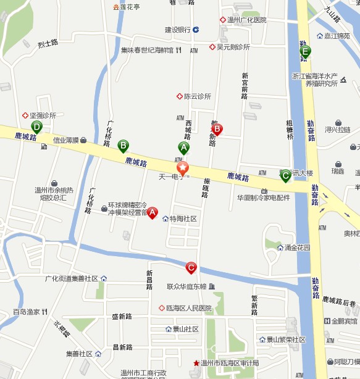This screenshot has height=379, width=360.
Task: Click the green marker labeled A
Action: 183,148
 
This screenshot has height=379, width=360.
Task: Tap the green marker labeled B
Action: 123,146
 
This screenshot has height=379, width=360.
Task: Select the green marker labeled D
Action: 37,128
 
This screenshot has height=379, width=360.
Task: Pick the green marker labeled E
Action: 305,52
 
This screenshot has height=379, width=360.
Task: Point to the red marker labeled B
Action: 217,130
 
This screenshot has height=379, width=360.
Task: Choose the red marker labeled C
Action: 191,268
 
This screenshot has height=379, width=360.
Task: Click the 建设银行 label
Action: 178,30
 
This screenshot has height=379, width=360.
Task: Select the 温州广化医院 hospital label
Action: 246,20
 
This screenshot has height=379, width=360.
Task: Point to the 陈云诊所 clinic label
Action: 197,96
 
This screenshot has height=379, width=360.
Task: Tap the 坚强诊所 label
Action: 43,115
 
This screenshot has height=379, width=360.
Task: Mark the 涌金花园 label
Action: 297,248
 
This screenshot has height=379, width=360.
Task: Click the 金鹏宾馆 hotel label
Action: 344,321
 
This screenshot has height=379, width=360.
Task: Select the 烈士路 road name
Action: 48,44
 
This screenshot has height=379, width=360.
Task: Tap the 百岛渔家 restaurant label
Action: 27,312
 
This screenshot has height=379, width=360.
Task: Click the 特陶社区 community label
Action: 183,219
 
